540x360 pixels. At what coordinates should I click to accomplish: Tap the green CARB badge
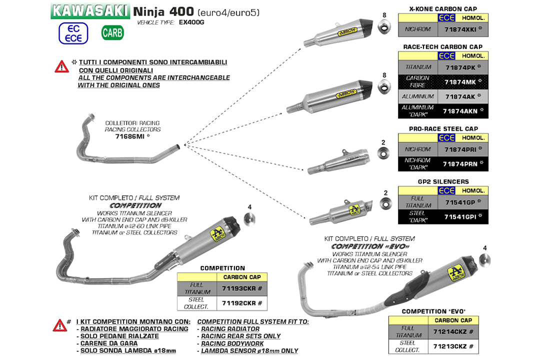[x=112, y=33]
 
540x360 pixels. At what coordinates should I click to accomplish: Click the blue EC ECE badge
[x=73, y=33]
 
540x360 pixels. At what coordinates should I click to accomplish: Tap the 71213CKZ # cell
[x=453, y=346]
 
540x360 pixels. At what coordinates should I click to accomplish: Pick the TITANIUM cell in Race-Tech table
[x=417, y=66]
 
